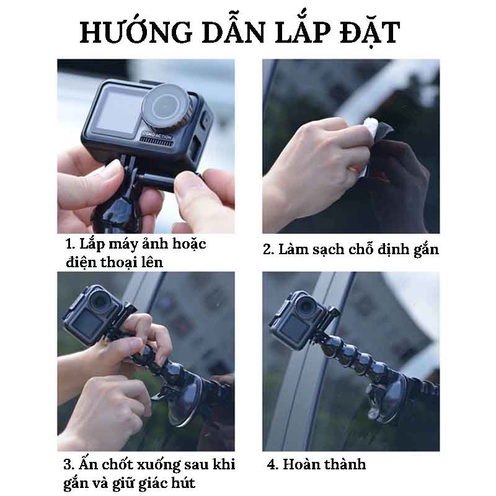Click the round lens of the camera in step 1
pos(164,106)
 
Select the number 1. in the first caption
pos(71,244)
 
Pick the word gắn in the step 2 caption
pos(426,250)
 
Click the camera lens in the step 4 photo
pos(304,305)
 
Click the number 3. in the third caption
pos(69,464)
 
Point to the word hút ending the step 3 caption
pos(183,483)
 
